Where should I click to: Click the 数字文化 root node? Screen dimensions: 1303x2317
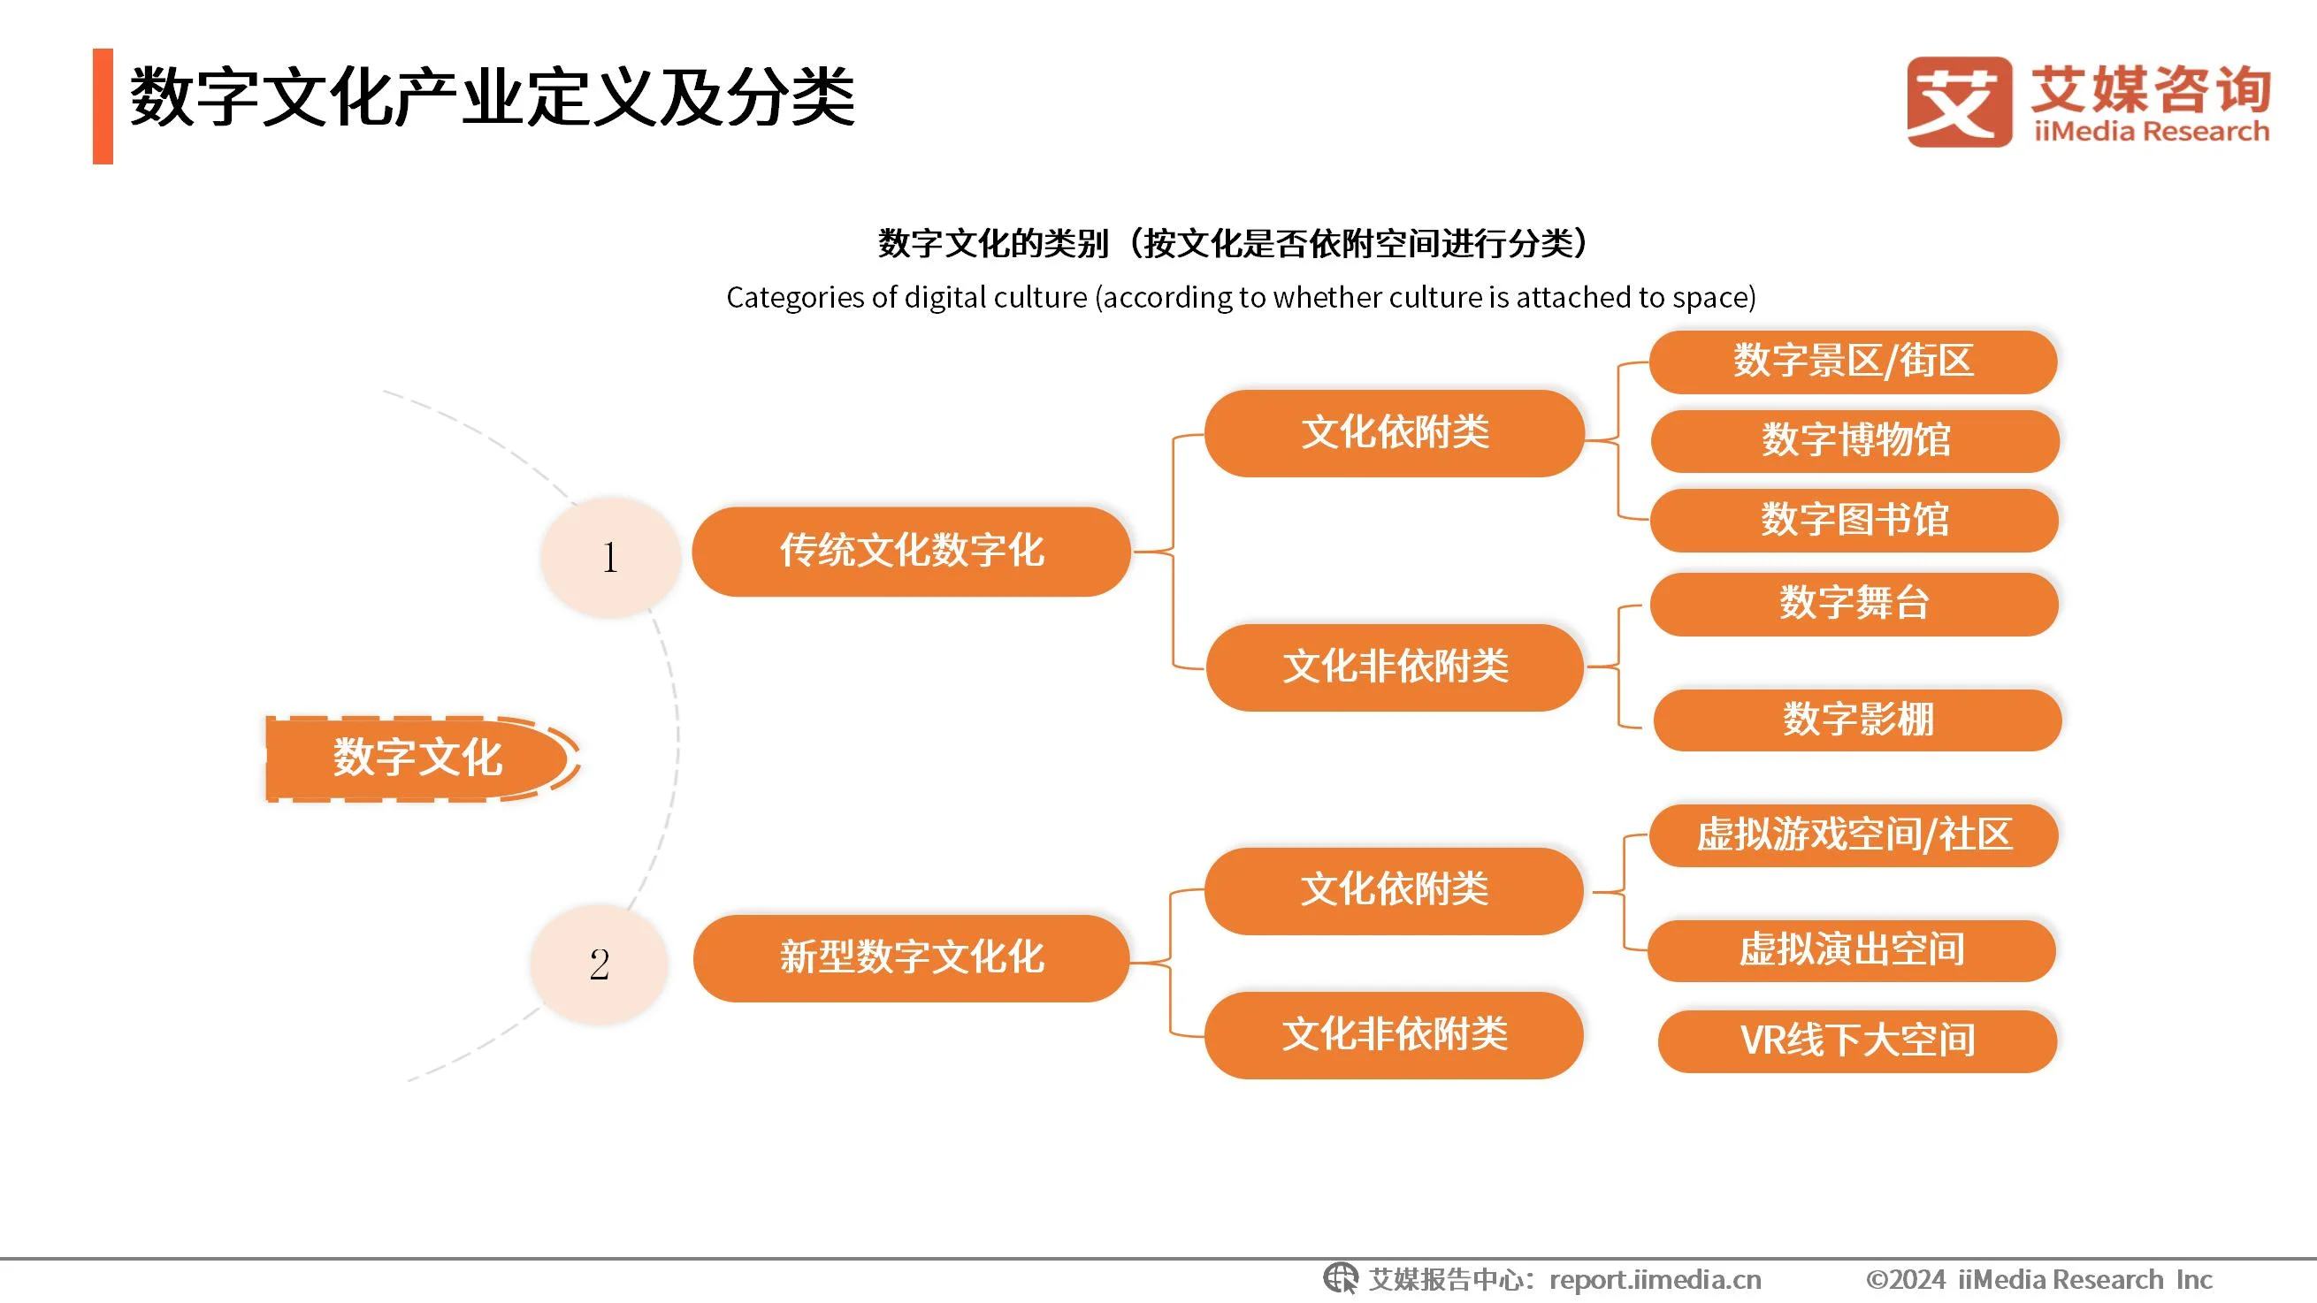(417, 758)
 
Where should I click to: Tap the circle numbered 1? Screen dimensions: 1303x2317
(610, 557)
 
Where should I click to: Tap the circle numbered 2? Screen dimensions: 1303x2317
(599, 964)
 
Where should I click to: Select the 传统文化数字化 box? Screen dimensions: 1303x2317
(910, 552)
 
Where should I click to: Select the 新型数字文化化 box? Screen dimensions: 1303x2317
(910, 957)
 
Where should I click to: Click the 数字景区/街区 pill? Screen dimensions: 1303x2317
(1853, 362)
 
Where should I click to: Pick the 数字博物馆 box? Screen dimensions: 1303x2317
(1854, 440)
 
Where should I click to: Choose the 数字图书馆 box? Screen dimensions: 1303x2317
(1854, 520)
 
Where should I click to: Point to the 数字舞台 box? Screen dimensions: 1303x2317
(1854, 604)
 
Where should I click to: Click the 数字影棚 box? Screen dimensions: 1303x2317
(1856, 720)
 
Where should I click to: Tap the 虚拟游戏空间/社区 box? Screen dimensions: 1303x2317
(1853, 835)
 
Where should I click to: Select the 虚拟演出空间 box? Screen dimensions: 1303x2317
(1851, 949)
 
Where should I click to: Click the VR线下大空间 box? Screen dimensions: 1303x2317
(1856, 1040)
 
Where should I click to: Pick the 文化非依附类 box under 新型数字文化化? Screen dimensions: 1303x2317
(1393, 1034)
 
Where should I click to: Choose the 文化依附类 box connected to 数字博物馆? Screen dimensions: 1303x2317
(1393, 432)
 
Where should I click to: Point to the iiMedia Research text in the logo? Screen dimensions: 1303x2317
(2151, 133)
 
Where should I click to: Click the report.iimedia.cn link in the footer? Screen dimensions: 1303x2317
(1655, 1279)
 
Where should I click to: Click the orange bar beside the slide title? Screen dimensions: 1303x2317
(103, 106)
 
